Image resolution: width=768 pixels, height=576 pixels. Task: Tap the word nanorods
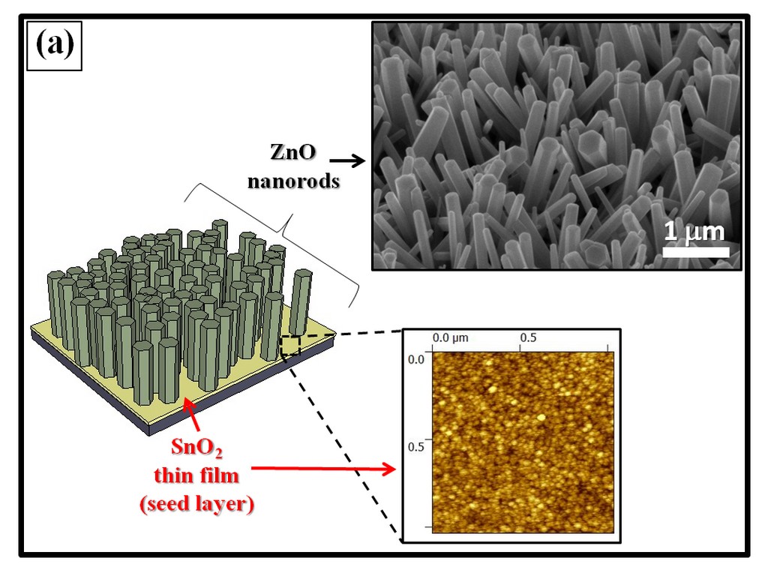[x=293, y=181]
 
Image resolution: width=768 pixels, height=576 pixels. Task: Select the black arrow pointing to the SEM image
[x=347, y=160]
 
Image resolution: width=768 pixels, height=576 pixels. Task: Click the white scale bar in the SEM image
[x=695, y=253]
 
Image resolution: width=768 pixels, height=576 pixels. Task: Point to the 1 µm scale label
[x=694, y=231]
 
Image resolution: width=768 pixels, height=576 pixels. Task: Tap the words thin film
[x=196, y=475]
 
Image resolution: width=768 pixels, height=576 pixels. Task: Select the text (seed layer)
[x=196, y=504]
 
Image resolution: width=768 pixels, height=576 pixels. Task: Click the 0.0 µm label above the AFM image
[x=450, y=338]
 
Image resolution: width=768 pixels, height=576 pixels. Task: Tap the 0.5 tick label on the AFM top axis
[x=529, y=338]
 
